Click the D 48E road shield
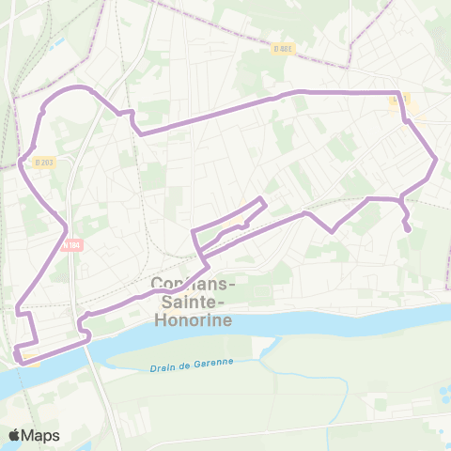click(x=280, y=50)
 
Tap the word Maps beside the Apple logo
click(x=41, y=435)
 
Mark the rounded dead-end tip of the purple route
click(x=408, y=228)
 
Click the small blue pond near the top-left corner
click(x=60, y=42)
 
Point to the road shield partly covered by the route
click(x=400, y=97)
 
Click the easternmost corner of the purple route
click(x=437, y=161)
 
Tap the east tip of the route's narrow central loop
click(x=266, y=202)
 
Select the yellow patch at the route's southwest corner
click(x=30, y=357)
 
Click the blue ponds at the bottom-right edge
click(x=443, y=390)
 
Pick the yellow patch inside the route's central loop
click(x=241, y=223)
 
